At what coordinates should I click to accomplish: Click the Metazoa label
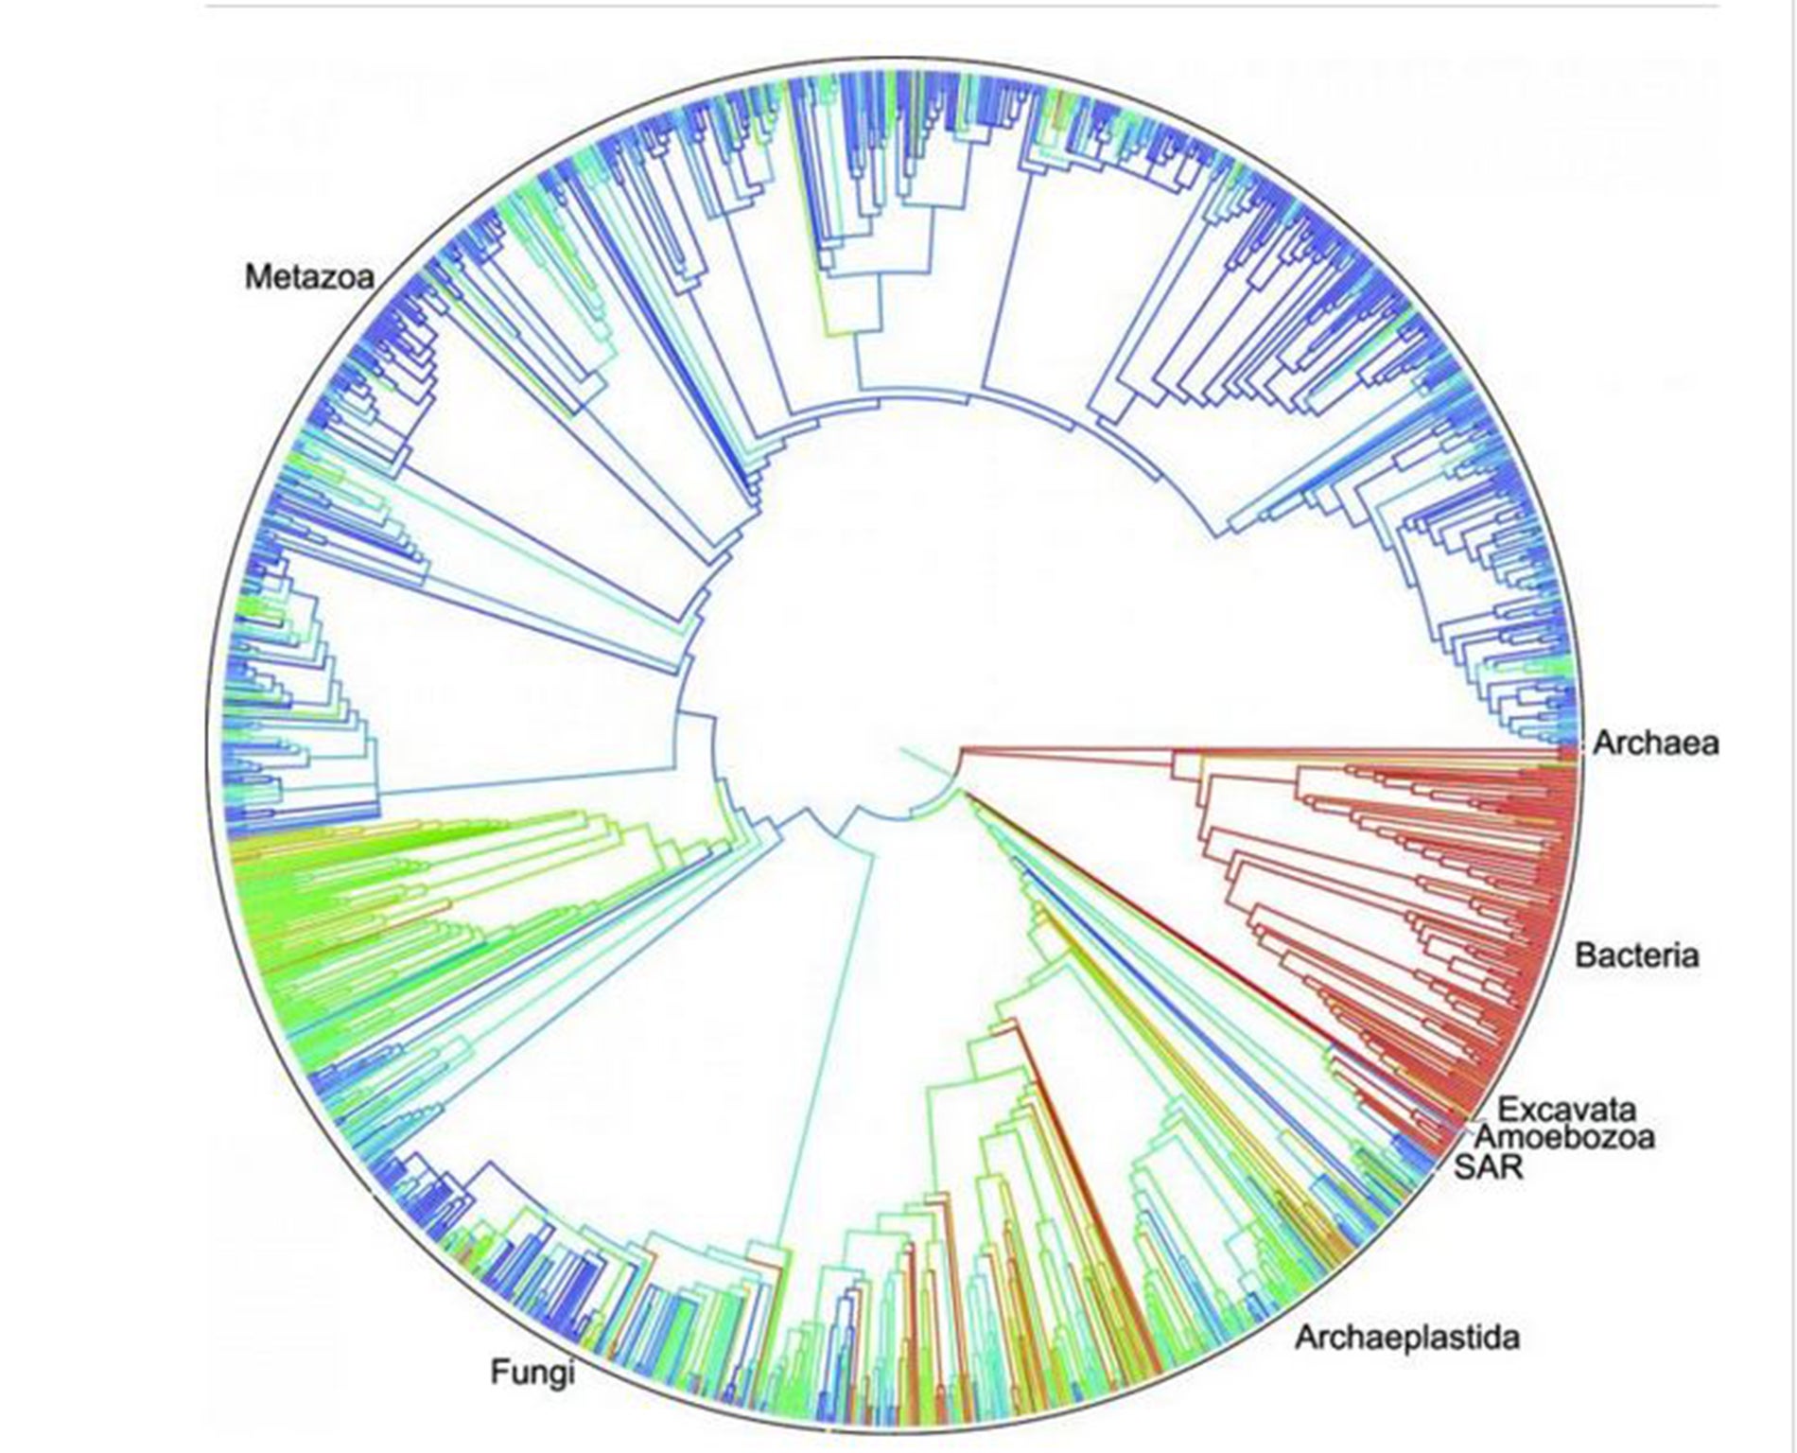pos(309,276)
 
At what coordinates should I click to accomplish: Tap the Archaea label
pos(1655,744)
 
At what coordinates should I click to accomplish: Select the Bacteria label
pos(1636,955)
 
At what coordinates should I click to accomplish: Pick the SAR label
pos(1489,1166)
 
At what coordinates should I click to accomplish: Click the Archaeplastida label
pos(1406,1338)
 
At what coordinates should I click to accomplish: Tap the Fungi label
pos(532,1372)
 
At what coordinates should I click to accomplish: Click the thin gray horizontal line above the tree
pos(946,7)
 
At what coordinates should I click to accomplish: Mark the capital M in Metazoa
pos(257,276)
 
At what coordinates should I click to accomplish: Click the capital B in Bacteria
pos(1586,955)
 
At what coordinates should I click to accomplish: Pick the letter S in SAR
pos(1463,1166)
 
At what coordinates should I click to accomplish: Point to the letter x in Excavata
pos(1526,1109)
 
